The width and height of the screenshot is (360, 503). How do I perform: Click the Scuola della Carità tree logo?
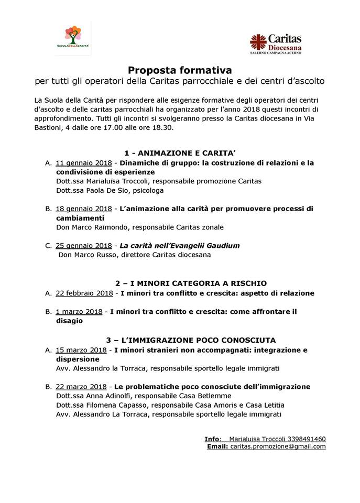click(x=73, y=38)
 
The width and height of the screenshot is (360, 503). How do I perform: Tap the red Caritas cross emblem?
click(x=258, y=42)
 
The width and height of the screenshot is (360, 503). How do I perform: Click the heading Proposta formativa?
click(x=180, y=70)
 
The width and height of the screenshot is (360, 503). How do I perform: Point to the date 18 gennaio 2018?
click(x=83, y=209)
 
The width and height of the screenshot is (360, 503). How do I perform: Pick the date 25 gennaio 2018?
click(x=83, y=245)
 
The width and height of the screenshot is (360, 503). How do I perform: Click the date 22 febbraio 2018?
click(x=84, y=293)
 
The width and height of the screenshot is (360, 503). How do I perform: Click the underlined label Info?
click(x=213, y=439)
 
